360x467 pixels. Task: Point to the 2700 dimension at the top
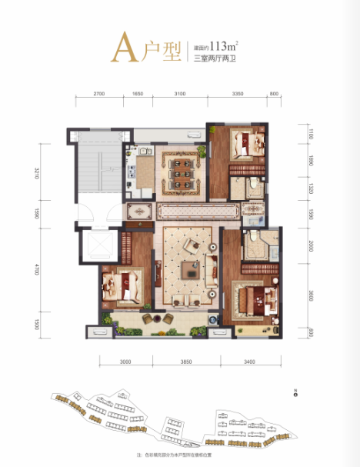coord(98,93)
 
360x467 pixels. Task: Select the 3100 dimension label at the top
coord(180,93)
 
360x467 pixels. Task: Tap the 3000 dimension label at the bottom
coord(126,361)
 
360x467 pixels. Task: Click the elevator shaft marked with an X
coord(100,245)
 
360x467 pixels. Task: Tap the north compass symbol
coord(295,395)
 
